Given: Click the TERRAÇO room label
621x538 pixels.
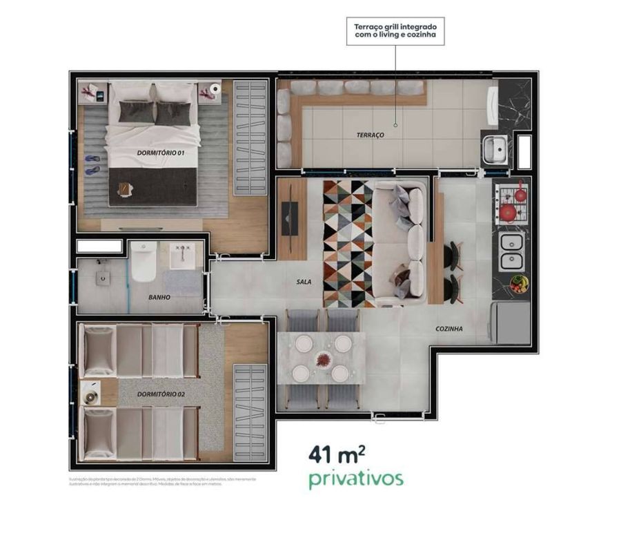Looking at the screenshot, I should point(371,135).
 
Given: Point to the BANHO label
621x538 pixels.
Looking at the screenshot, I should point(159,298).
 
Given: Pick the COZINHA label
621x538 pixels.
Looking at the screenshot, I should point(448,329).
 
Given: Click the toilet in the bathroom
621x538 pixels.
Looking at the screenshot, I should point(144,262).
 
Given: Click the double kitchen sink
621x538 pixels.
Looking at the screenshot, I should point(511,251).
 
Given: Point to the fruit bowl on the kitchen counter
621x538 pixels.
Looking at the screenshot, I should point(519,283).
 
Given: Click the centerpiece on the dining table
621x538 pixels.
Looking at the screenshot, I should point(323,359).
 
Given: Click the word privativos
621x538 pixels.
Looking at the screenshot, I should point(356,479).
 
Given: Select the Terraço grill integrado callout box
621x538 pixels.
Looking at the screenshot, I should point(395,32).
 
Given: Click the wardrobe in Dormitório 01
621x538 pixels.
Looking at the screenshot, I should point(249,138).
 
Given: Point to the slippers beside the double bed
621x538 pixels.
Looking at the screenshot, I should point(92,164).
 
